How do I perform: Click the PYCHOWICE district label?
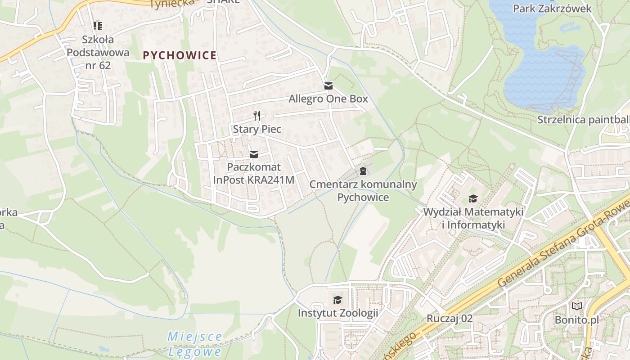180,55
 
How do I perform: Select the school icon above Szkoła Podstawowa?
98,26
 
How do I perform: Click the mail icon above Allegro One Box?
328,85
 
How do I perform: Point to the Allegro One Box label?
328,99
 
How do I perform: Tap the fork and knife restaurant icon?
257,116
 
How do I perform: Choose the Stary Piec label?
257,129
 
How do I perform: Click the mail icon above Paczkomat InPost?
254,154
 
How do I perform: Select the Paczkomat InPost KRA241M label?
254,173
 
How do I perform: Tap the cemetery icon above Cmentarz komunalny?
363,171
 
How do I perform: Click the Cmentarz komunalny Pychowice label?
363,190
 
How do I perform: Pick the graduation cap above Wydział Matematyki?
473,198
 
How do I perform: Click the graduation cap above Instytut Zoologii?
337,300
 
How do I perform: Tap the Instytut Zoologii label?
337,313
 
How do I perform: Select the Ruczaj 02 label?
450,319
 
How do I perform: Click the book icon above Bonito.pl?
576,306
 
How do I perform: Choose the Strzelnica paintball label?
583,120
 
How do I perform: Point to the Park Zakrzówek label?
552,8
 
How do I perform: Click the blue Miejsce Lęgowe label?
195,343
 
